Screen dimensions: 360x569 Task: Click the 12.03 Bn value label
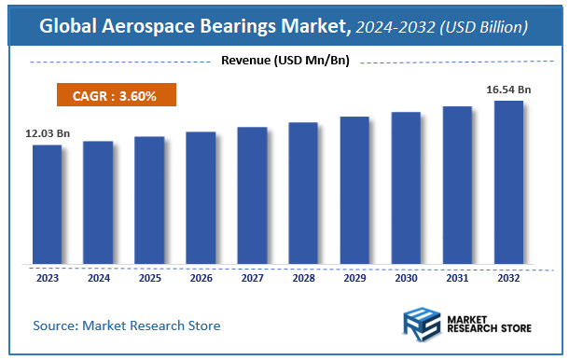(x=48, y=133)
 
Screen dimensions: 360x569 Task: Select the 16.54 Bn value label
(x=508, y=90)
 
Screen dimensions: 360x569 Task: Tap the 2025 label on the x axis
(x=149, y=277)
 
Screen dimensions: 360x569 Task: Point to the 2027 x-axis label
(x=252, y=277)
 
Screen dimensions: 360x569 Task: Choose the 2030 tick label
(x=406, y=277)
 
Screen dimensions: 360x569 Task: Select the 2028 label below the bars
(x=303, y=277)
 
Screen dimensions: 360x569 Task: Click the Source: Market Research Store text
(x=127, y=325)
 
